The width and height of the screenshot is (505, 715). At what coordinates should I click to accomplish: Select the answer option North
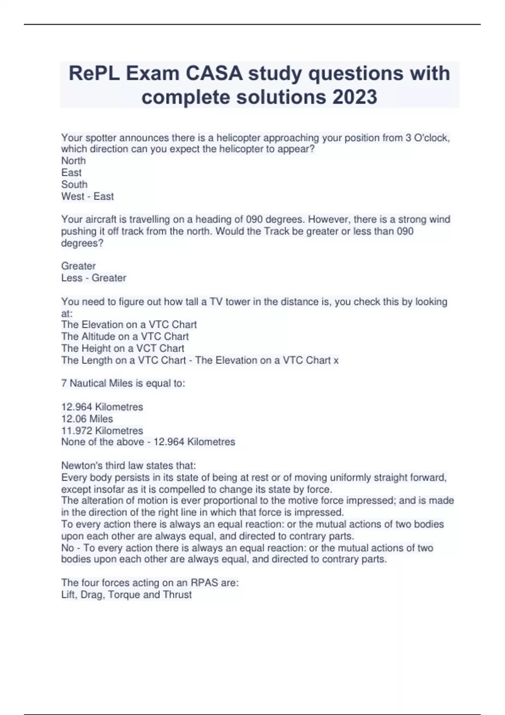(73, 161)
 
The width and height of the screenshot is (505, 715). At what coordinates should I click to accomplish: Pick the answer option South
(74, 184)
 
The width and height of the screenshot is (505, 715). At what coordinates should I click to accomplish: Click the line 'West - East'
(88, 196)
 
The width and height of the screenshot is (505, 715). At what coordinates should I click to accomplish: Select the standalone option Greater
(78, 266)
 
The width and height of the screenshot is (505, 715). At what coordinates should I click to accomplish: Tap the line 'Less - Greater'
(93, 278)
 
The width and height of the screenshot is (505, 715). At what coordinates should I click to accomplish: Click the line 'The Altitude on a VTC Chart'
(125, 336)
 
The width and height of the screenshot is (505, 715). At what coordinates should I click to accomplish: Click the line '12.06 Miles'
(87, 419)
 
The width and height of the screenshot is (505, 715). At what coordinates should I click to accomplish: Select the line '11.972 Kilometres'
(102, 431)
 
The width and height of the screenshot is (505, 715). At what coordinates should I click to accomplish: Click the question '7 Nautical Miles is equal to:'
(123, 383)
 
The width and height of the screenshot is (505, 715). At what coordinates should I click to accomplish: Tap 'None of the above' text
(102, 442)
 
